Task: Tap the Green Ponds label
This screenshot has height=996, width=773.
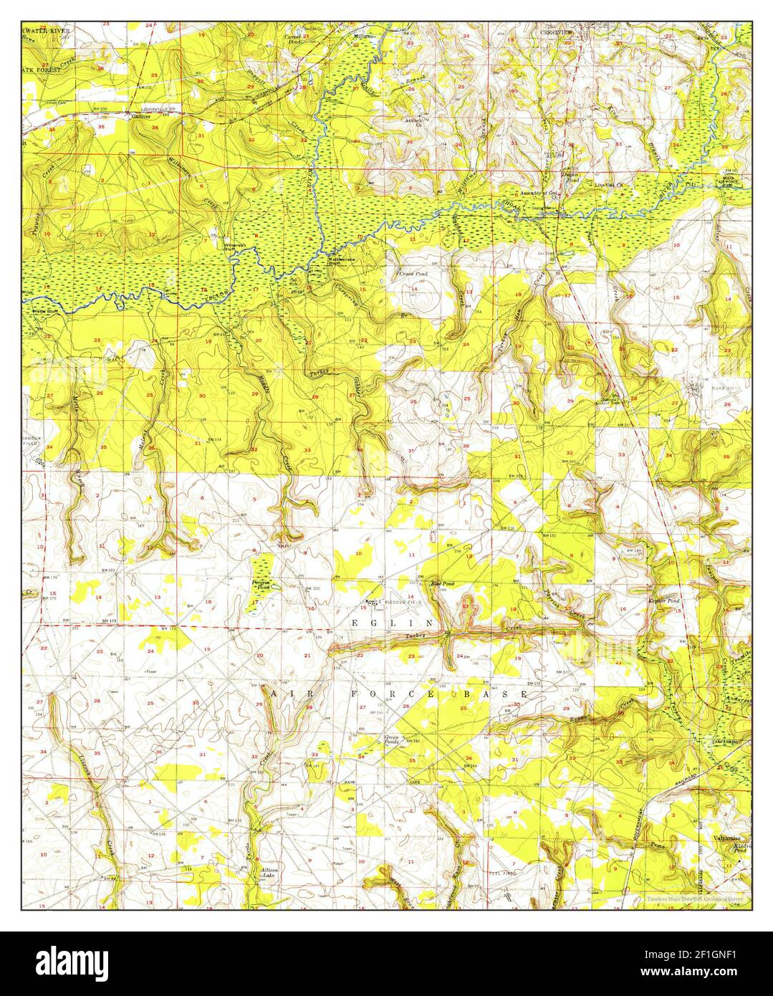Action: [391, 739]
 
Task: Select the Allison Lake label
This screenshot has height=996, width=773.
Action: [269, 872]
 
